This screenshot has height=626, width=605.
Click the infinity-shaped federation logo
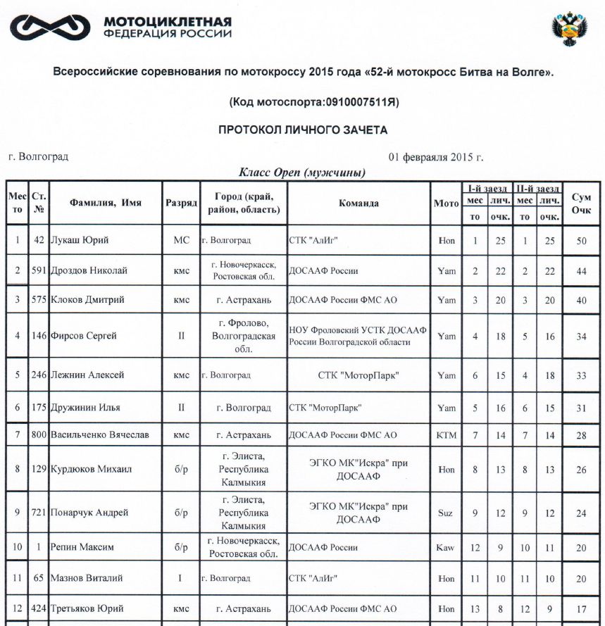pyautogui.click(x=48, y=27)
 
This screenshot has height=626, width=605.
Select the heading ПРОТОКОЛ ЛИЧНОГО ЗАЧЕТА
pyautogui.click(x=303, y=130)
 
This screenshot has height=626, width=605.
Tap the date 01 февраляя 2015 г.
pyautogui.click(x=435, y=157)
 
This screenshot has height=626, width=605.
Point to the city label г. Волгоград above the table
pyautogui.click(x=39, y=156)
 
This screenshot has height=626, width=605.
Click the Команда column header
pyautogui.click(x=358, y=203)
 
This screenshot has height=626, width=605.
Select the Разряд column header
pyautogui.click(x=180, y=203)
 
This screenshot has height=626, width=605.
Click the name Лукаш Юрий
pyautogui.click(x=80, y=240)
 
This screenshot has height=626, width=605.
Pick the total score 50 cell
pyautogui.click(x=581, y=240)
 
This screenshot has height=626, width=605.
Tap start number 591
pyautogui.click(x=39, y=270)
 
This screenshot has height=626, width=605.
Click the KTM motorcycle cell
pyautogui.click(x=447, y=435)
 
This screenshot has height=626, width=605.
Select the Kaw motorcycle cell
pyautogui.click(x=445, y=547)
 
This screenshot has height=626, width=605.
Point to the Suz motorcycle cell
pyautogui.click(x=445, y=513)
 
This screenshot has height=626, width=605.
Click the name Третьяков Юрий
pyautogui.click(x=87, y=608)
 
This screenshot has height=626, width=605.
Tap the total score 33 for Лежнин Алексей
pyautogui.click(x=581, y=375)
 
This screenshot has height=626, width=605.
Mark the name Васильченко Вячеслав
pyautogui.click(x=100, y=435)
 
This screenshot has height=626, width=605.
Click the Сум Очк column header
pyautogui.click(x=581, y=204)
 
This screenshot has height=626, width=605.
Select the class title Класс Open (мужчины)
pyautogui.click(x=302, y=173)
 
